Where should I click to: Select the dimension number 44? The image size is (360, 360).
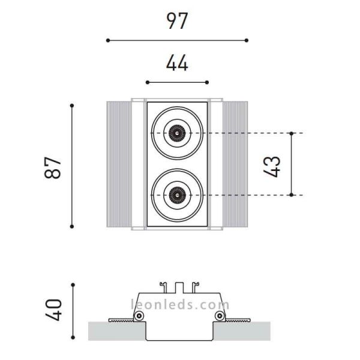point(177,62)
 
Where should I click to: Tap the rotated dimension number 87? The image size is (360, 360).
point(54,167)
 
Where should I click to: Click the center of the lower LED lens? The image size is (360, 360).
point(177,194)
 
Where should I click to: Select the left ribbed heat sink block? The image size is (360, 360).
point(119,166)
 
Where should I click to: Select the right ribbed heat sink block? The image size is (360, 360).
point(235,166)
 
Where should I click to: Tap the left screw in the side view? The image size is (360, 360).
point(139,316)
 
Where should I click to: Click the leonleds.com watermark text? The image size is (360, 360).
point(180,304)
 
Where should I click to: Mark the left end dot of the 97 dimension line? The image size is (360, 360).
point(108,40)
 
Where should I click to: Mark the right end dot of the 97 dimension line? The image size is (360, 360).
point(247,40)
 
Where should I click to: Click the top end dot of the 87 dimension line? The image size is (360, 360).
point(72,106)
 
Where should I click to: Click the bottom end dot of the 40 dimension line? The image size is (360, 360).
point(72,337)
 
